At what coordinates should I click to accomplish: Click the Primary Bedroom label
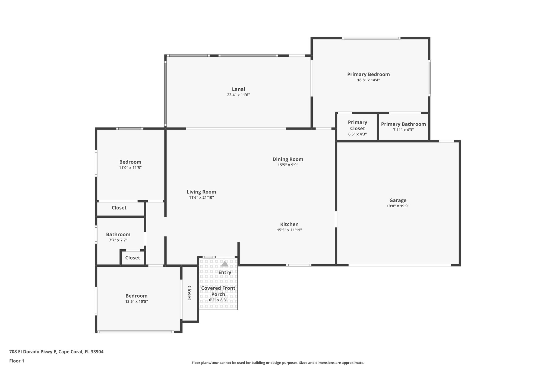pyautogui.click(x=368, y=74)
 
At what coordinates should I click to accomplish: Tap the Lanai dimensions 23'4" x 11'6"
pyautogui.click(x=238, y=95)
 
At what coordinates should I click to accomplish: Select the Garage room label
pyautogui.click(x=398, y=200)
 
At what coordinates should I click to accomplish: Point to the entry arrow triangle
pyautogui.click(x=225, y=264)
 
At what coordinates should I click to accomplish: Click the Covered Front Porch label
pyautogui.click(x=218, y=291)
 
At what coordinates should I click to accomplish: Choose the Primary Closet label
pyautogui.click(x=357, y=125)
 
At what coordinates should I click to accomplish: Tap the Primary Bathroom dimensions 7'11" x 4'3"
pyautogui.click(x=403, y=130)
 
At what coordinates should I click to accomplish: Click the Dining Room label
pyautogui.click(x=288, y=159)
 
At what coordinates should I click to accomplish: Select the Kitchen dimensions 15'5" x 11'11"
pyautogui.click(x=289, y=230)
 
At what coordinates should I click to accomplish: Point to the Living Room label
pyautogui.click(x=201, y=192)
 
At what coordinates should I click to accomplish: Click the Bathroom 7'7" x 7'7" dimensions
pyautogui.click(x=118, y=240)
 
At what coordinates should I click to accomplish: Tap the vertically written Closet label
pyautogui.click(x=189, y=293)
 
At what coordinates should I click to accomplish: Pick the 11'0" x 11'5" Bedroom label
pyautogui.click(x=130, y=162)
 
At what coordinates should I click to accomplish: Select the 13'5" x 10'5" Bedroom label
pyautogui.click(x=136, y=296)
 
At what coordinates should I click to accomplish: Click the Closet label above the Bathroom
pyautogui.click(x=119, y=208)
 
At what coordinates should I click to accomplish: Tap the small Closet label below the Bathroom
pyautogui.click(x=132, y=258)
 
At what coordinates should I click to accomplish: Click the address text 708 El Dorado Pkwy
pyautogui.click(x=56, y=352)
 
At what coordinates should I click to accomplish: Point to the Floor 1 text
pyautogui.click(x=17, y=361)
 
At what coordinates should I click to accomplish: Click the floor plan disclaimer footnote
pyautogui.click(x=278, y=363)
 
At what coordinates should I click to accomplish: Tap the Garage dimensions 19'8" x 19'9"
pyautogui.click(x=398, y=206)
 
